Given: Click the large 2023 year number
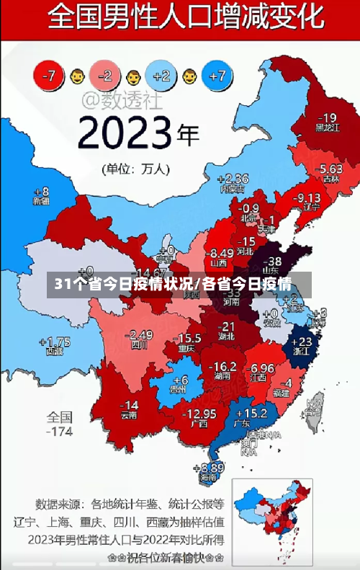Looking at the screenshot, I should [125, 133].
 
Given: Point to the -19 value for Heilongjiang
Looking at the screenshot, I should [328, 117].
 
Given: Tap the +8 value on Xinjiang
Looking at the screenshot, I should [41, 192].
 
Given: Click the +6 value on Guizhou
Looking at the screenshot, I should [180, 379].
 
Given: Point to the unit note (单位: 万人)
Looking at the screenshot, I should [136, 169].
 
